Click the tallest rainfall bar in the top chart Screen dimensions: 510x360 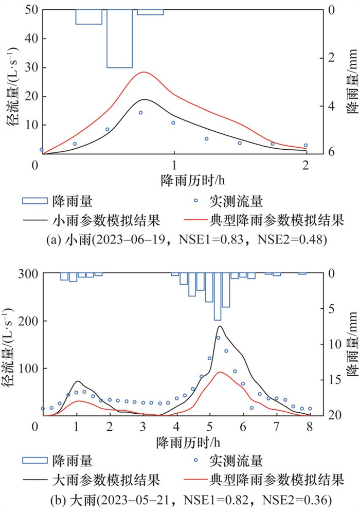(119, 39)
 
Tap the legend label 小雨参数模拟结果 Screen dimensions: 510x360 (107, 220)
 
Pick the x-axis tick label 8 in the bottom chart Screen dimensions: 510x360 (309, 427)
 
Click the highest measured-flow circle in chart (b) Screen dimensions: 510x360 (218, 338)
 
